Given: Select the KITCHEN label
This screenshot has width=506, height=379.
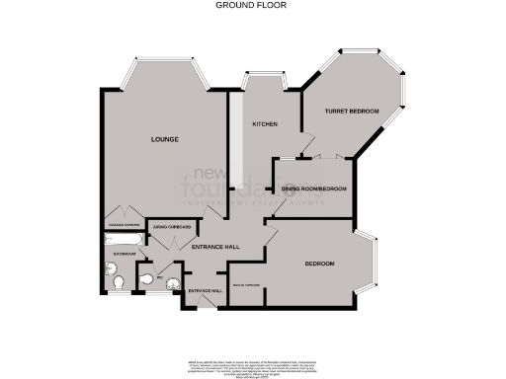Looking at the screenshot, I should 264,124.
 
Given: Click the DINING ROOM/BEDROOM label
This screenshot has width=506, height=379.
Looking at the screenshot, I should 314,189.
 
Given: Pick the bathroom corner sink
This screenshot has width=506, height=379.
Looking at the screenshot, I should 108,265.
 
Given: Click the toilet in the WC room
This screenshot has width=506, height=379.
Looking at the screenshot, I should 147,284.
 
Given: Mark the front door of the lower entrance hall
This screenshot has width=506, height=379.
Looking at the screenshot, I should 205,304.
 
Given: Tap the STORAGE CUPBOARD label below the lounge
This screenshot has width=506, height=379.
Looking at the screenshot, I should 124,207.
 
